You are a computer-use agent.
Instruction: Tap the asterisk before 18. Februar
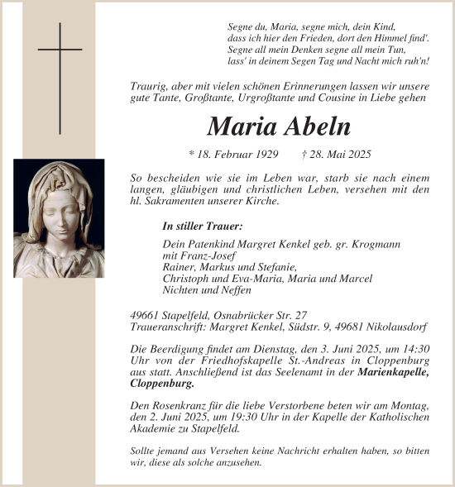coord(192,155)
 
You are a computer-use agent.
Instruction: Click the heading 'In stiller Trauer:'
coord(202,225)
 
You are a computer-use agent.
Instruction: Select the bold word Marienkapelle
coord(394,373)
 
